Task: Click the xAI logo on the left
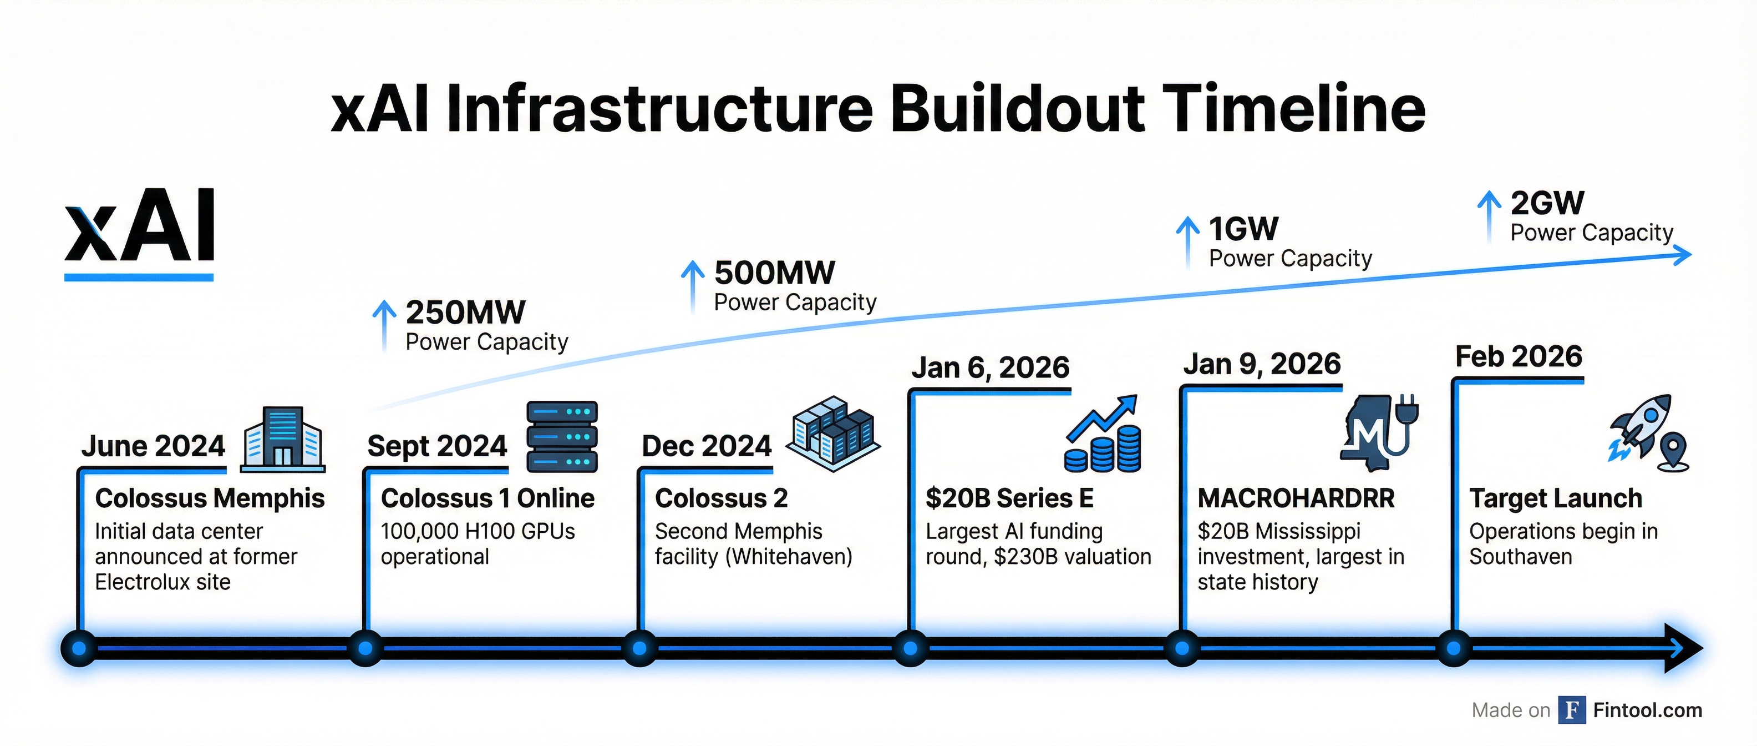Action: coord(139,232)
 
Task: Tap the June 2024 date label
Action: coord(153,446)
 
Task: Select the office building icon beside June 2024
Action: coord(282,440)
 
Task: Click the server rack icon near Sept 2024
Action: coord(562,437)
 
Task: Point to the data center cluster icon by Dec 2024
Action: coord(833,434)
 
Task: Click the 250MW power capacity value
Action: coord(466,312)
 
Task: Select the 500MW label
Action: coord(774,273)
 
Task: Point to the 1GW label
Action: coord(1243,229)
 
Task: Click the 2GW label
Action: coord(1547,203)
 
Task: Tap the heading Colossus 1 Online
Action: coord(488,498)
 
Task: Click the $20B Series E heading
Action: coord(1009,498)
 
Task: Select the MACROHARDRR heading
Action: coord(1296,498)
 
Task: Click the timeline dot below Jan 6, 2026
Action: coord(911,648)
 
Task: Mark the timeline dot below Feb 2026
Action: coord(1454,648)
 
